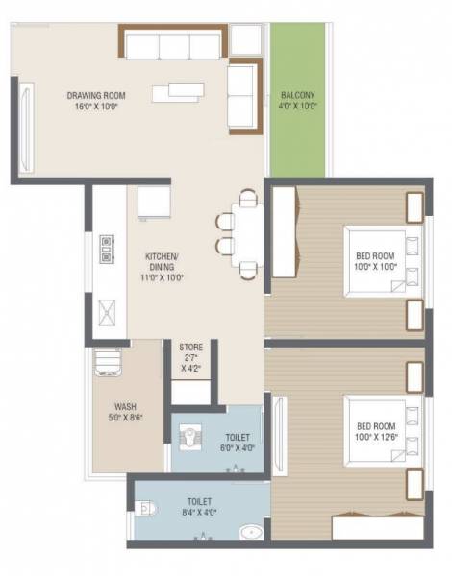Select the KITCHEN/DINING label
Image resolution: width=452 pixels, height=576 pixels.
point(163,263)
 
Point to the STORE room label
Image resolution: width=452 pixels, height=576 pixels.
point(190,356)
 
